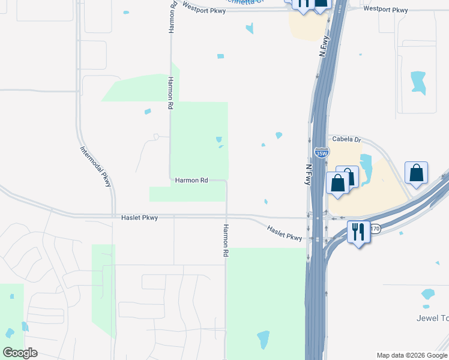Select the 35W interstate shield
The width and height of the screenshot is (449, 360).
tap(321, 153)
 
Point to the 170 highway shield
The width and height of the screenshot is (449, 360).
tap(375, 229)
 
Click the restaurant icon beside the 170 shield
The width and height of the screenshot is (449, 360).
tap(358, 231)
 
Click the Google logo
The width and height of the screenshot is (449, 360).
tap(20, 353)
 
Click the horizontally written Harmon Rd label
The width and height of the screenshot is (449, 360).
tap(191, 180)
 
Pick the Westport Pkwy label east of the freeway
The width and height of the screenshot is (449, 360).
tap(385, 10)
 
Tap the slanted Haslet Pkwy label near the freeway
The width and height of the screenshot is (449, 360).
tap(285, 233)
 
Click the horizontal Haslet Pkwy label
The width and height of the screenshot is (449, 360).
tap(139, 218)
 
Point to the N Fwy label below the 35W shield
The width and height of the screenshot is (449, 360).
tap(309, 175)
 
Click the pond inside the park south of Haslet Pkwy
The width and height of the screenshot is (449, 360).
tap(263, 339)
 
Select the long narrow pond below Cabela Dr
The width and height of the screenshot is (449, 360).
tap(366, 169)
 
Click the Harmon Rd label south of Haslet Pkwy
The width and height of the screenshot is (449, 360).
tap(226, 241)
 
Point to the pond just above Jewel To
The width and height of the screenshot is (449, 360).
tap(427, 294)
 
